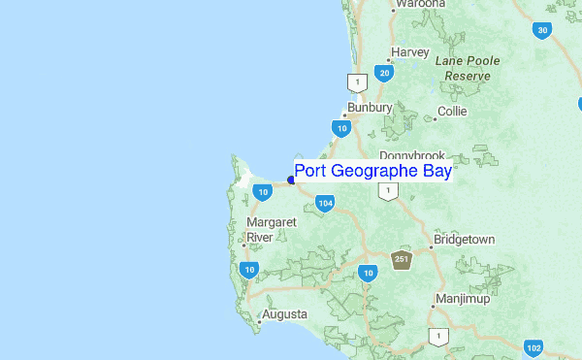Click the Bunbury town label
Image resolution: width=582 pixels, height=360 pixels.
coord(370,108)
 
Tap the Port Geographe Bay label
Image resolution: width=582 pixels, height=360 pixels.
coord(372,172)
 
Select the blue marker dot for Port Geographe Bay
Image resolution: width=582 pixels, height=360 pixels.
coord(291,180)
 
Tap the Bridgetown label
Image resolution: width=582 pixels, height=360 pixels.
coord(464,239)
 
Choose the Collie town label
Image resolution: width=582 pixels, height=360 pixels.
coord(452,112)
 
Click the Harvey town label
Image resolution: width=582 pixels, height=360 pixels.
coord(409,51)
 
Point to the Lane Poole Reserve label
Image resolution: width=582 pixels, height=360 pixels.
coord(468,67)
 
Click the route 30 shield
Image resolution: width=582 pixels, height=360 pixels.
coord(542,30)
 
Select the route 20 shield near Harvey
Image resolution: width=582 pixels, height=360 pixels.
coord(385,73)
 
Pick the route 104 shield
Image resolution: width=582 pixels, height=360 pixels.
coord(325,203)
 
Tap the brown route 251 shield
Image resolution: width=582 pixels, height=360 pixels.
coord(402,259)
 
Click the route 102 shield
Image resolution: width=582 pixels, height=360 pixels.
coord(533,347)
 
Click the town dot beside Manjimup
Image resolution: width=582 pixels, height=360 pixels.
coord(433,307)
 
